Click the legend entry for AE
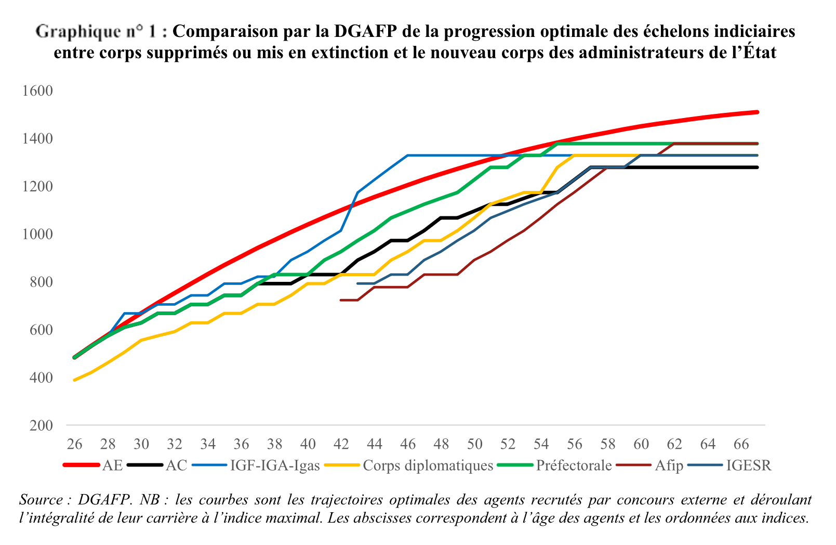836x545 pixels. click(112, 465)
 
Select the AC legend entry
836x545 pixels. click(176, 465)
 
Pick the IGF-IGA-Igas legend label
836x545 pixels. click(275, 465)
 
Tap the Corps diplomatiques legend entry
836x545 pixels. click(428, 465)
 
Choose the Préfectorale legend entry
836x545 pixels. click(574, 465)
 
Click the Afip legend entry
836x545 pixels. click(669, 465)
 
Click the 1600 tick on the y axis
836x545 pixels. click(38, 91)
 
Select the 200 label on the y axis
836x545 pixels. click(42, 425)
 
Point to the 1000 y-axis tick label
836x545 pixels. click(38, 235)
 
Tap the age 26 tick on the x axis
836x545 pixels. click(74, 444)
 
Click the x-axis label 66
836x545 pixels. click(741, 444)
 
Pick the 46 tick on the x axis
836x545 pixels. click(408, 444)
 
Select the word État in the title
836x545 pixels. click(757, 53)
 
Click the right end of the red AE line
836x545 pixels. click(758, 112)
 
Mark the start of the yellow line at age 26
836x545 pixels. click(75, 380)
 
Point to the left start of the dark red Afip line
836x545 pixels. click(341, 300)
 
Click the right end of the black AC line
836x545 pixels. click(758, 167)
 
